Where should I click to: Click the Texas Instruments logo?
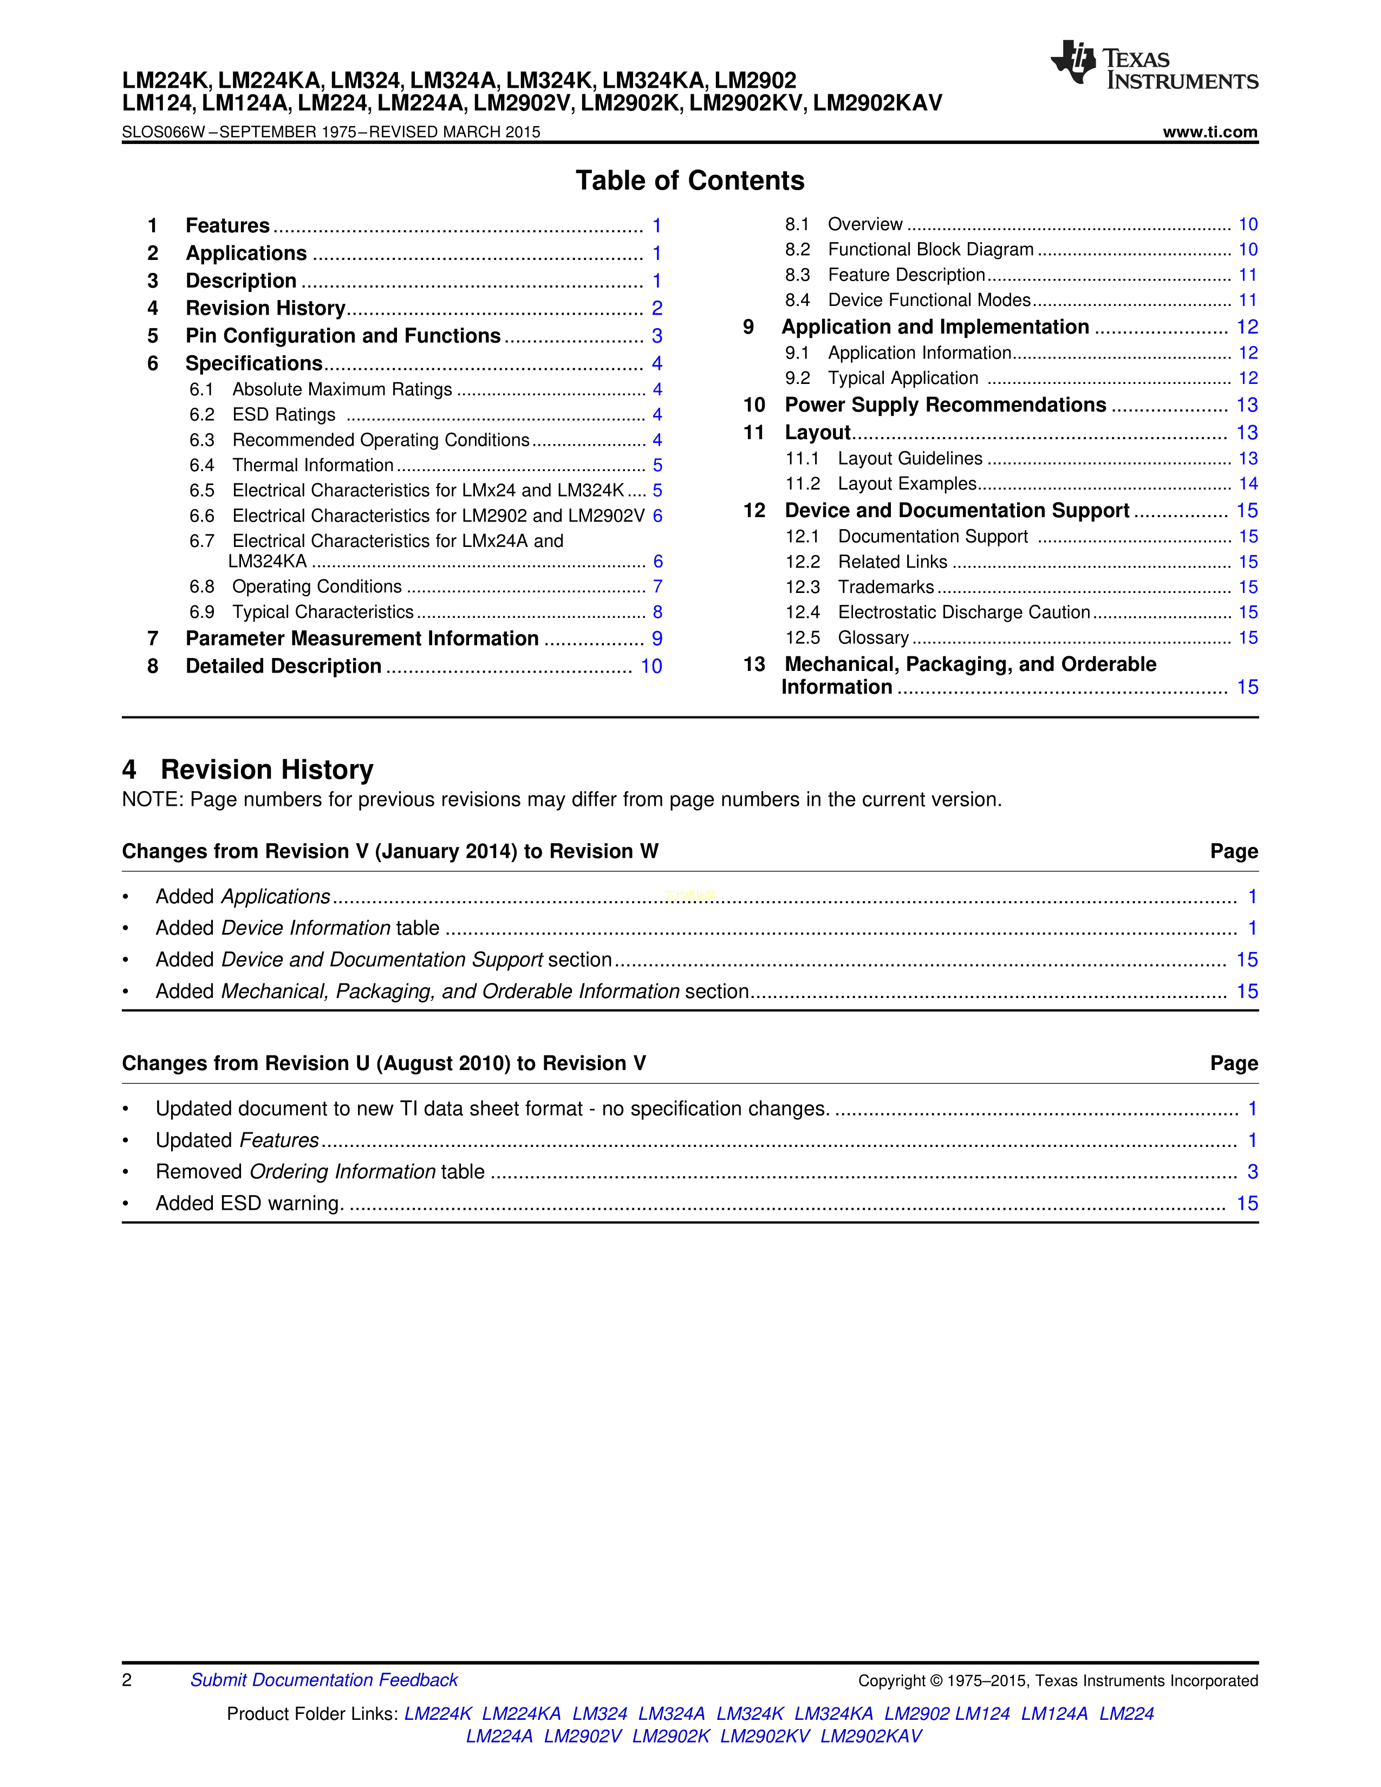1154,66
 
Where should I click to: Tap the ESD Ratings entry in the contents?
283,415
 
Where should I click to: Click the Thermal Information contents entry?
312,466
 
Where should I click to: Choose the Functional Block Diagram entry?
930,250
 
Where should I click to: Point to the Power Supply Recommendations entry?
945,405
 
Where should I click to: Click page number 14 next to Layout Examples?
1248,485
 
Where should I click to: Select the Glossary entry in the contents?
873,638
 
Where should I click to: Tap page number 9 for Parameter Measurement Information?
657,639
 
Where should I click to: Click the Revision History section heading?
266,770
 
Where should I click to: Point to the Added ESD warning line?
250,1204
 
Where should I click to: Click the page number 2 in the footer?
127,1681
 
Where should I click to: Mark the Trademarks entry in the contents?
885,588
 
